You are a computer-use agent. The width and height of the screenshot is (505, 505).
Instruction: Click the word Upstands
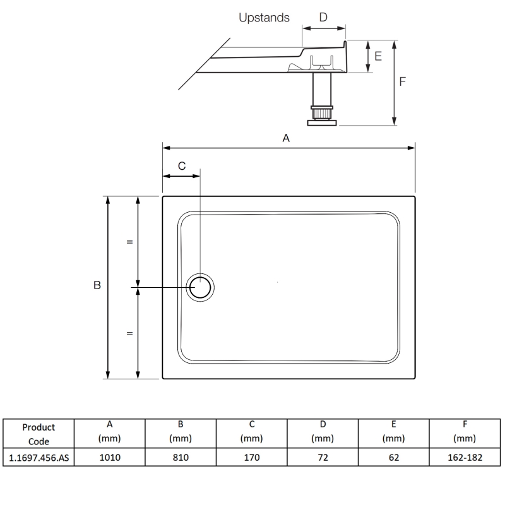tap(264, 18)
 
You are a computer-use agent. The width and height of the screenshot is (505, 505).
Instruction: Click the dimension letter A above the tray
tap(286, 138)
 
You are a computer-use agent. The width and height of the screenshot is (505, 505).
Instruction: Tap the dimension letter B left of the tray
tap(97, 286)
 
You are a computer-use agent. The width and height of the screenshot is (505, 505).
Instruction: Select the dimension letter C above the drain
tap(182, 166)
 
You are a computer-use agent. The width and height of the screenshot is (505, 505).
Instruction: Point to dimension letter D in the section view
tap(323, 18)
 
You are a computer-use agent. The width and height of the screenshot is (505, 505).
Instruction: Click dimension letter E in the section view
tap(378, 56)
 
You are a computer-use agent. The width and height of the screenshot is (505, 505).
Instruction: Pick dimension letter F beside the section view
tap(403, 81)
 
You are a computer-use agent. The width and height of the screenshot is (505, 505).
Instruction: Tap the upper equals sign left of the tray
tap(129, 242)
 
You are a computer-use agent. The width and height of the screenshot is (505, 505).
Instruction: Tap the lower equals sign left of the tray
tap(129, 333)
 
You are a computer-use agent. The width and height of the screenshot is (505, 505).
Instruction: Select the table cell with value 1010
tap(109, 457)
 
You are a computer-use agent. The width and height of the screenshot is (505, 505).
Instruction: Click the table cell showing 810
tap(181, 457)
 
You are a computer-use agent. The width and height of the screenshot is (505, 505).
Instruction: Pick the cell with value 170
tap(251, 457)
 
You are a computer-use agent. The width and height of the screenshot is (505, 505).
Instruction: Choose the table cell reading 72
tap(323, 457)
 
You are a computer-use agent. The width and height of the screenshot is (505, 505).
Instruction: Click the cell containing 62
tap(393, 457)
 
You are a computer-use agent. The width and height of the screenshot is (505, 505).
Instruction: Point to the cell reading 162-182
tap(465, 457)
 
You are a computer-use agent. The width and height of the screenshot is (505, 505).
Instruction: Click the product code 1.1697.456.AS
tap(39, 457)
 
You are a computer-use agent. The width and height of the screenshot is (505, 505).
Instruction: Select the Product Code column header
tap(39, 434)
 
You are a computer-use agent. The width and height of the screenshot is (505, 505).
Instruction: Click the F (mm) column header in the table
tap(465, 432)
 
